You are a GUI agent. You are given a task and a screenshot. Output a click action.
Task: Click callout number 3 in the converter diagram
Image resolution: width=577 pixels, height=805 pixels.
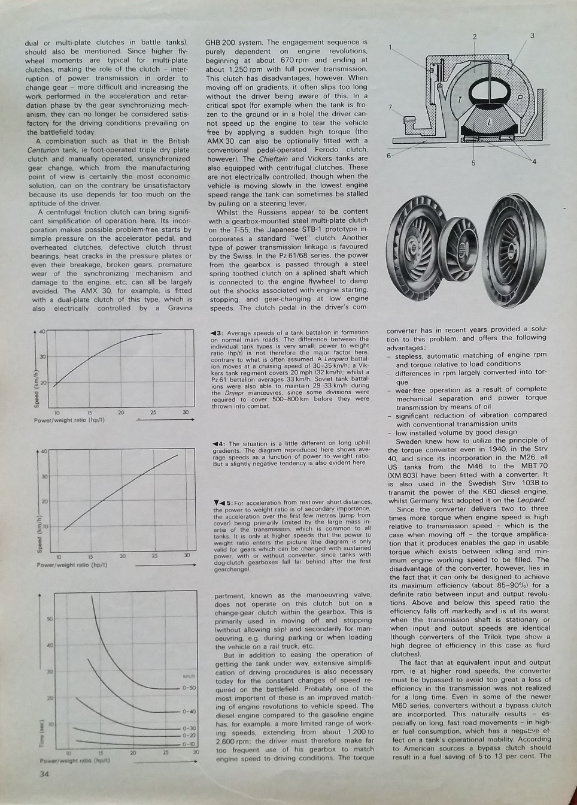point(532,36)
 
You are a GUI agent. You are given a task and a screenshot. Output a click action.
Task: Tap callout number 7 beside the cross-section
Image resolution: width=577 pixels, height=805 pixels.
point(390,108)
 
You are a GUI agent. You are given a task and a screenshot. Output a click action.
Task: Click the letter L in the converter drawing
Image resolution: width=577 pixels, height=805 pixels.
point(490,122)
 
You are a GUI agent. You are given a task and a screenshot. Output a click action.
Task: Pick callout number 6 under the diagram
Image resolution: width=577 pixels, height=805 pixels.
point(388,156)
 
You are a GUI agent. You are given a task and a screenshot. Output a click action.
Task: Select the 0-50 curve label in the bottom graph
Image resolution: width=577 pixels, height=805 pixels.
point(189,688)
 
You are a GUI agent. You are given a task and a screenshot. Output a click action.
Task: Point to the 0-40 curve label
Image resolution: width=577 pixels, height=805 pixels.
point(189,712)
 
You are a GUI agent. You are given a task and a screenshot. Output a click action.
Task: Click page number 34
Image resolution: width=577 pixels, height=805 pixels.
point(44,773)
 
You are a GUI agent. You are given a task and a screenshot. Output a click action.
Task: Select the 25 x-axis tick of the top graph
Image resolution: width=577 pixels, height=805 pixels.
point(153,413)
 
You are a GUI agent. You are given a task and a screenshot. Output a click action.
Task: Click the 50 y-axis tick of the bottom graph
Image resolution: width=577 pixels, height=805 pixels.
point(50,618)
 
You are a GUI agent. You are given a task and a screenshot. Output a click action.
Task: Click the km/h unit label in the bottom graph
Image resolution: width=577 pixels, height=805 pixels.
point(190,676)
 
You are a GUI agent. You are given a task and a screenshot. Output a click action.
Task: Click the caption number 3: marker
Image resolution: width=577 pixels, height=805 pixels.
point(217,333)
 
